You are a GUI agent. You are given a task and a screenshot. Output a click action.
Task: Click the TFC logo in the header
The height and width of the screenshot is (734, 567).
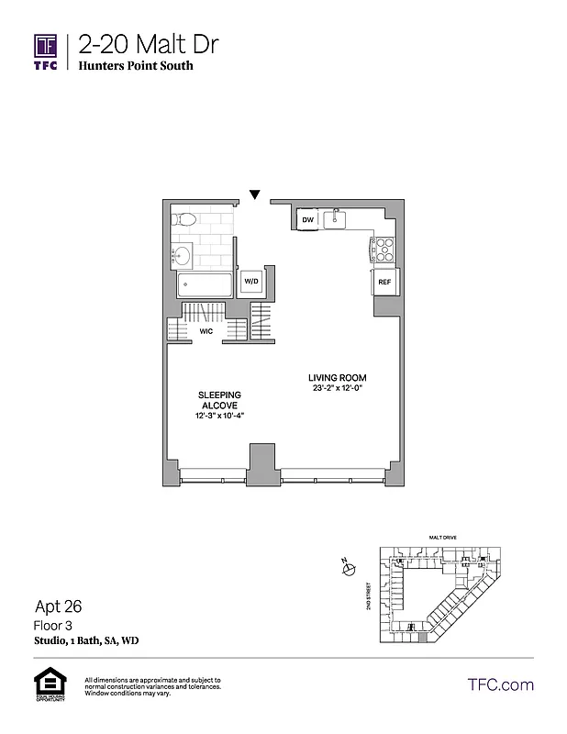pos(46,51)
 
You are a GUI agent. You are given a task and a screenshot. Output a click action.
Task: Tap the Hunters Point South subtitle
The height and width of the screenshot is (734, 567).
pos(135,66)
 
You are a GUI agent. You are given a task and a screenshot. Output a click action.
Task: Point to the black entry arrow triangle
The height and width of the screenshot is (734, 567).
pos(255,194)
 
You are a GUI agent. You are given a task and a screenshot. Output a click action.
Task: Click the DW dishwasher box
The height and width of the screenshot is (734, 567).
pos(308,220)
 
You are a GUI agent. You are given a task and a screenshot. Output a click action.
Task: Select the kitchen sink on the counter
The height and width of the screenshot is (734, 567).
pos(338,218)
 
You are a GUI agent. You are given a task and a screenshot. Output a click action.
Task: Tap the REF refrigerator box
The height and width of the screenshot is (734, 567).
pos(384,283)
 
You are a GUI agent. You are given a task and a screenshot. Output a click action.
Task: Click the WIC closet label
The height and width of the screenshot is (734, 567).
pos(206,333)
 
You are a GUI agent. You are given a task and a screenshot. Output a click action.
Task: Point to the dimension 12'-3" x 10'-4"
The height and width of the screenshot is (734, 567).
pos(219,416)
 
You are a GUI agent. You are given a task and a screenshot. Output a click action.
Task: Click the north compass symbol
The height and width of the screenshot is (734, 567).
pos(349,569)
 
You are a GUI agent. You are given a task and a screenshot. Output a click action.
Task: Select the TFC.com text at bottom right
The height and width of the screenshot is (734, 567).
pos(500,684)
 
